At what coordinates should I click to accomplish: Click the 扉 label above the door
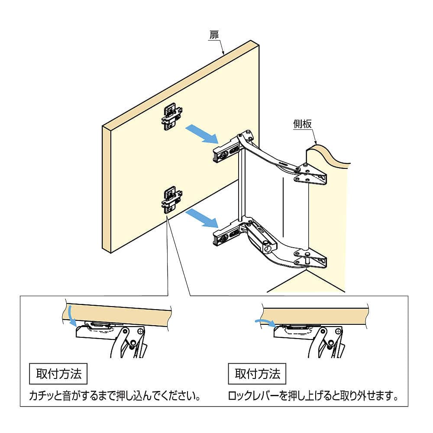point(214,36)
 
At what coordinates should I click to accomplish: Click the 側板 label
point(303,124)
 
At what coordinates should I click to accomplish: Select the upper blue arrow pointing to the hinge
point(202,134)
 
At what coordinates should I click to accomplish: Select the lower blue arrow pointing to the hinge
point(202,218)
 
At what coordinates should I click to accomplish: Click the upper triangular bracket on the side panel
point(310,174)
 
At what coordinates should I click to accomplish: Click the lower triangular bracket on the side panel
point(310,259)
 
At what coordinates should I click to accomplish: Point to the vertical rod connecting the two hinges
point(241,185)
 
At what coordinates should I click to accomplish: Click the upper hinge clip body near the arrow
point(226,152)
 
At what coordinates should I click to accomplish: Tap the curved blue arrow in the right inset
point(265,322)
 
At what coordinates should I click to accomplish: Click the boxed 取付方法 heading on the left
point(58,374)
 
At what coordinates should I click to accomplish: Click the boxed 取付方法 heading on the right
point(257,374)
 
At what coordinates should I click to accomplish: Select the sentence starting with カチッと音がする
point(115,396)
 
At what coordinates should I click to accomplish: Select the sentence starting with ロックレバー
point(313,396)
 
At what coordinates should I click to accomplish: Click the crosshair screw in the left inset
point(141,330)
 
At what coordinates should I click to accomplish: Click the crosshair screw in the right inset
point(339,330)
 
